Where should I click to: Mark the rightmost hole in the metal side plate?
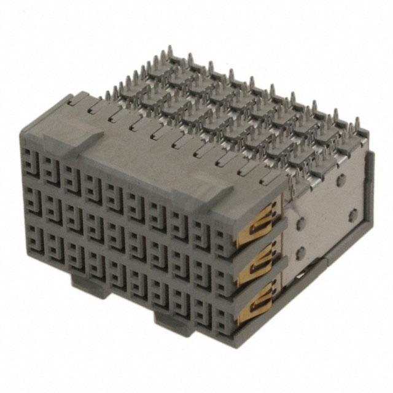coord(354,214)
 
